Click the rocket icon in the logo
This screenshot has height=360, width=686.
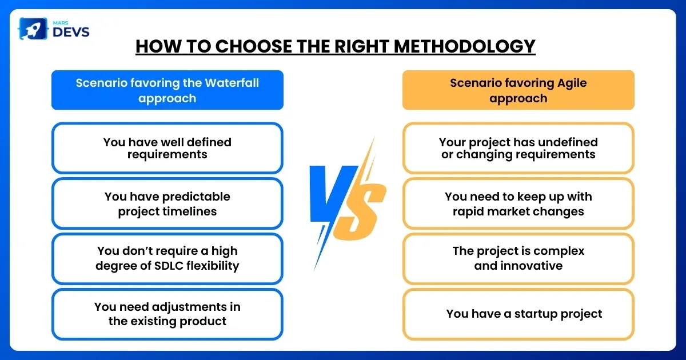point(33,29)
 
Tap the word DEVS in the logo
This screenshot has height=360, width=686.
point(71,32)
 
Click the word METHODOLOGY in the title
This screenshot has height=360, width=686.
point(464,46)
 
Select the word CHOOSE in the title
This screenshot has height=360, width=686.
point(254,46)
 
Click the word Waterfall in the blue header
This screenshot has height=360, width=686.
point(232,83)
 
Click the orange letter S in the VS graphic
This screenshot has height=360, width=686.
point(360,211)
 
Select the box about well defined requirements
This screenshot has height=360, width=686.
point(167,148)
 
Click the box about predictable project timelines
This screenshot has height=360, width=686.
point(167,203)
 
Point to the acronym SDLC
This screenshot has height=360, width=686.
point(169,266)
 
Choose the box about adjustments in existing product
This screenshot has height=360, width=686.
point(167,314)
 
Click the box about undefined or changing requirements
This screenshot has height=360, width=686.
point(518,148)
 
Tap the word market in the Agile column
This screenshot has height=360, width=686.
point(508,211)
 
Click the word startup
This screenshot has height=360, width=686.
point(535,314)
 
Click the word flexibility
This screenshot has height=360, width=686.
point(213,266)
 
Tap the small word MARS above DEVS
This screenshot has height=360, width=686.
point(61,23)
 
